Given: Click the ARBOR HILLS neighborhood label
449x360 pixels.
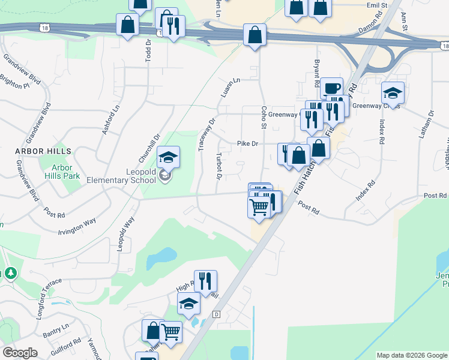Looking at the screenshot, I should [44, 151].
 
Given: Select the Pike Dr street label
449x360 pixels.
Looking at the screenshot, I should [247, 144].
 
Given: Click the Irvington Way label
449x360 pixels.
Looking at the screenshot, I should [77, 226].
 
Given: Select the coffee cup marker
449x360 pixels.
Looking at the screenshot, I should [331, 88].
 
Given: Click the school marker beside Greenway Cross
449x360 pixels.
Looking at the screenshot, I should [393, 92].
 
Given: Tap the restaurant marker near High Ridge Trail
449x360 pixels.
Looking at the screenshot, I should [205, 281].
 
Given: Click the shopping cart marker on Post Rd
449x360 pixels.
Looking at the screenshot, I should [259, 207].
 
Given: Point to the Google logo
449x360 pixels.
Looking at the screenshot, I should [20, 353].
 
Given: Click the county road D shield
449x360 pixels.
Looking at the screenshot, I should [217, 314].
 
